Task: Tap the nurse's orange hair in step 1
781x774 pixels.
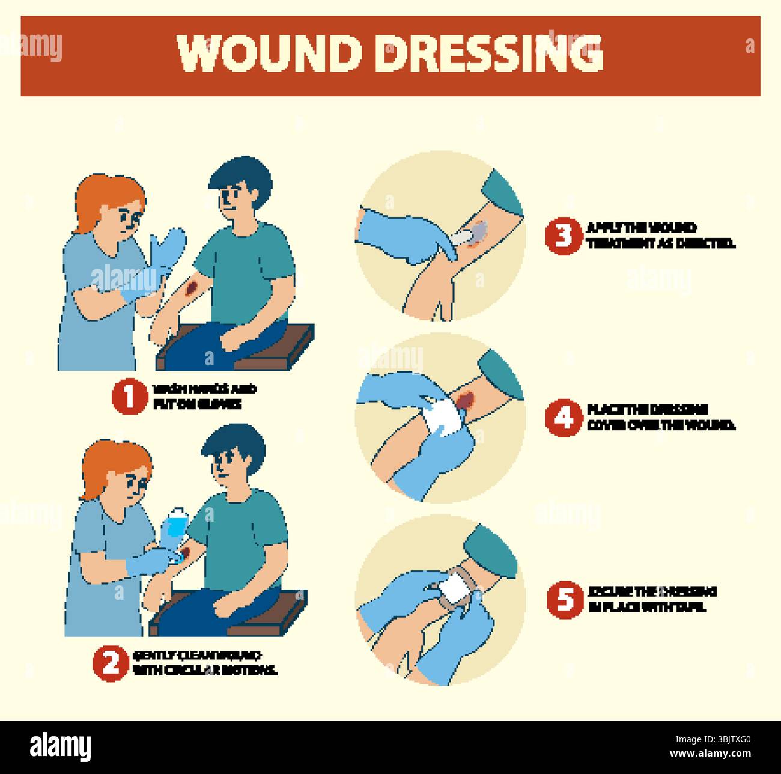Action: tap(108, 192)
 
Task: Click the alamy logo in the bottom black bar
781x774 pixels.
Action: tap(61, 746)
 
